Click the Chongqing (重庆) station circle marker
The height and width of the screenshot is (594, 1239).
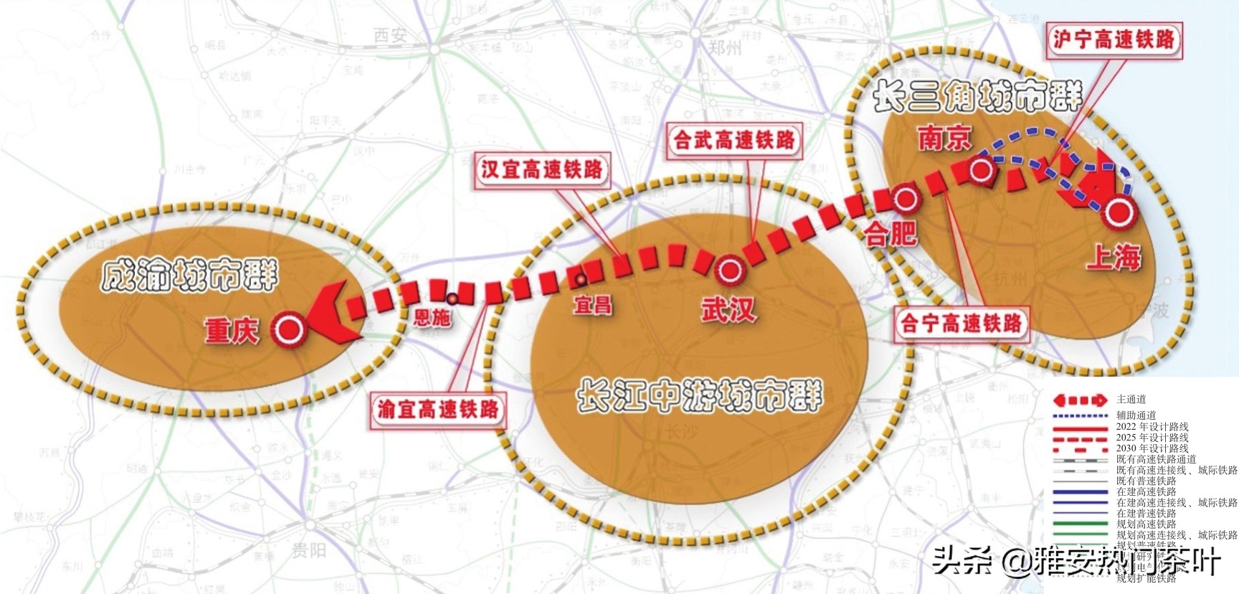(290, 330)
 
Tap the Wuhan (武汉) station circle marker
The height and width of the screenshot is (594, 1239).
(731, 270)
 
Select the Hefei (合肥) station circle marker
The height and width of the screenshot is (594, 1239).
(906, 199)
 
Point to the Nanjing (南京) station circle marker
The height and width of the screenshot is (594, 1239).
(981, 170)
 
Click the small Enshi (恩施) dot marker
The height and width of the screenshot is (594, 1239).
(452, 298)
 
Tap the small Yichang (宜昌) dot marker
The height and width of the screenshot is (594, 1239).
(581, 279)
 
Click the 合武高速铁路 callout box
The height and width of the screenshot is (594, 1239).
(734, 140)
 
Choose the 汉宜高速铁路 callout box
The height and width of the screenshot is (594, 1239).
(542, 170)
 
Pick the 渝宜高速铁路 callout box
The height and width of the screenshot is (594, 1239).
(438, 410)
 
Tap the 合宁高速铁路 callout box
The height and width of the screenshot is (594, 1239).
(961, 324)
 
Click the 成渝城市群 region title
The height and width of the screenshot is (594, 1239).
(189, 276)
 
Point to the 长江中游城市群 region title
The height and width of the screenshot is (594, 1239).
(699, 396)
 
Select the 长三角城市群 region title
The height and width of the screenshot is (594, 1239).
(977, 97)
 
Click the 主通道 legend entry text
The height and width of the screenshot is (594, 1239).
(1131, 400)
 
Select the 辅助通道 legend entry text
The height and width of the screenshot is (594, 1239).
(1136, 415)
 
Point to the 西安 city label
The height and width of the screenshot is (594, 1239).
(390, 35)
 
